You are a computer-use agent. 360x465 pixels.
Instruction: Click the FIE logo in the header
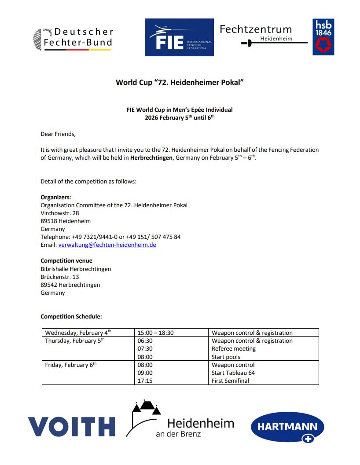coord(179,37)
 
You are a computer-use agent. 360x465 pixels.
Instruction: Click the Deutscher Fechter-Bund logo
coord(73,38)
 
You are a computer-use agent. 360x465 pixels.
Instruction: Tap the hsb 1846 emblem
coord(323,37)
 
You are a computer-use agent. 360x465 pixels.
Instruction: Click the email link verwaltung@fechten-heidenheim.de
coord(107,245)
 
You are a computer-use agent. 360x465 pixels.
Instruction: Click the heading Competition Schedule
coord(71,316)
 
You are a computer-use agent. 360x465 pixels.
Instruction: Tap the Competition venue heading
coord(66,261)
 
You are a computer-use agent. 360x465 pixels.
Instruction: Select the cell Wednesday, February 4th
coord(78,333)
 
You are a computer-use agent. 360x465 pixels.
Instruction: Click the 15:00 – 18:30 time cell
coord(156,333)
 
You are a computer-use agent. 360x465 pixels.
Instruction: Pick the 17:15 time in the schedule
coord(145,381)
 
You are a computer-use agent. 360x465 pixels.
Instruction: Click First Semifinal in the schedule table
coord(230,381)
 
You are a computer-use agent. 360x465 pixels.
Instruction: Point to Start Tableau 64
coord(233,373)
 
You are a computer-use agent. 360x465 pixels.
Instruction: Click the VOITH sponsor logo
coord(72,426)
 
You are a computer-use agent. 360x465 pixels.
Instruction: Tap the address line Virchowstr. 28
coord(60,213)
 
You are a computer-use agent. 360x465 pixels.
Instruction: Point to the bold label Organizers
coord(55,198)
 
